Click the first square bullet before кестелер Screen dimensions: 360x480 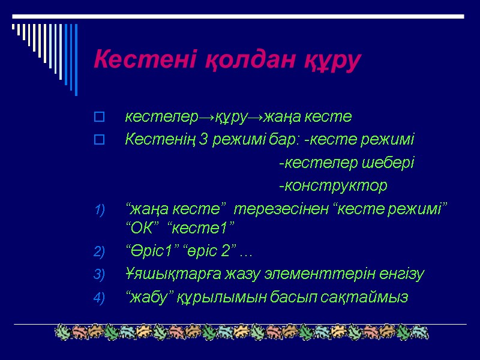(100, 116)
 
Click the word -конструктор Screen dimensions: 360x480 (333, 186)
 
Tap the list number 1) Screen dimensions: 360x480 (100, 210)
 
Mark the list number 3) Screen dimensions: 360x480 (100, 275)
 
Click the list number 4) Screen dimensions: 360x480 (100, 298)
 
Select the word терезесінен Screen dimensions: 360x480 (280, 209)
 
